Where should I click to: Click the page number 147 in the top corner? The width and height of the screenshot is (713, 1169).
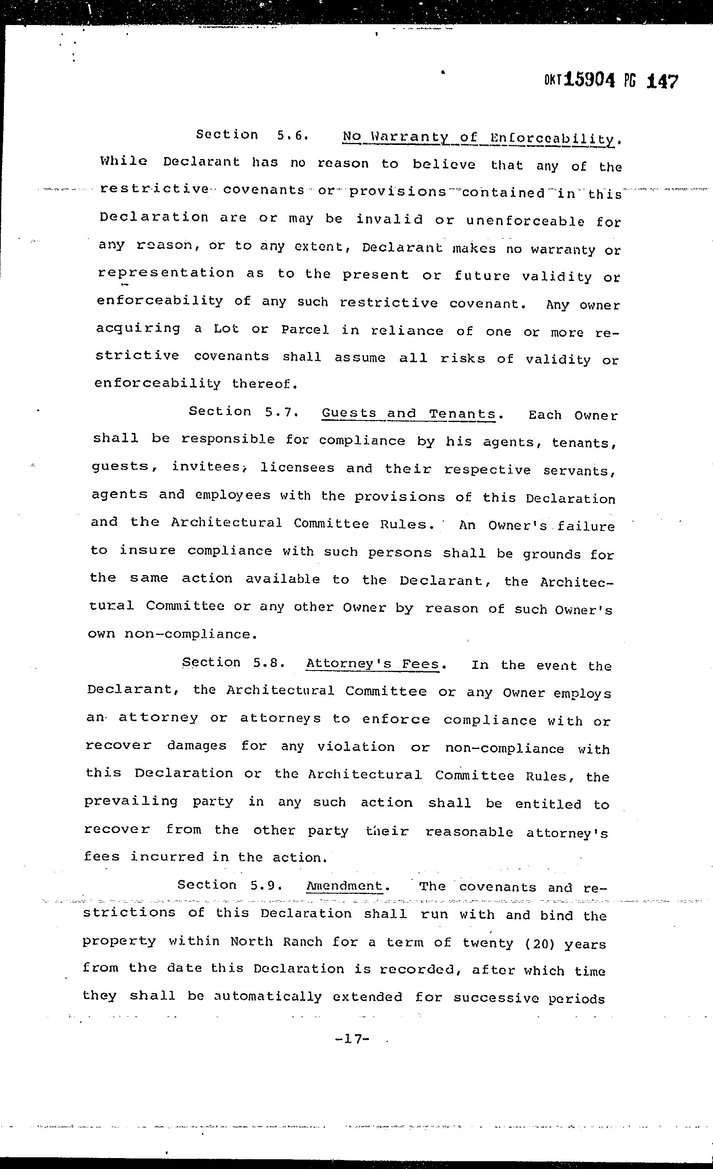(x=663, y=81)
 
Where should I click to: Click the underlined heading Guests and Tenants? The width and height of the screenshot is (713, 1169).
(x=409, y=414)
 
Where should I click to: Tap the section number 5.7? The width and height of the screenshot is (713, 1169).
(x=281, y=412)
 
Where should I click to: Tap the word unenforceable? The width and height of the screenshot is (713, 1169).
(x=525, y=221)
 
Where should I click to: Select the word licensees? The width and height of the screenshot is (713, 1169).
(x=297, y=468)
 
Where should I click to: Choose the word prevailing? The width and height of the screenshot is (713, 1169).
(x=131, y=802)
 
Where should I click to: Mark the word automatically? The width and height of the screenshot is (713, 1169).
(x=268, y=997)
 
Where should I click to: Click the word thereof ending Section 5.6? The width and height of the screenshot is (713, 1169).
(x=264, y=384)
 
